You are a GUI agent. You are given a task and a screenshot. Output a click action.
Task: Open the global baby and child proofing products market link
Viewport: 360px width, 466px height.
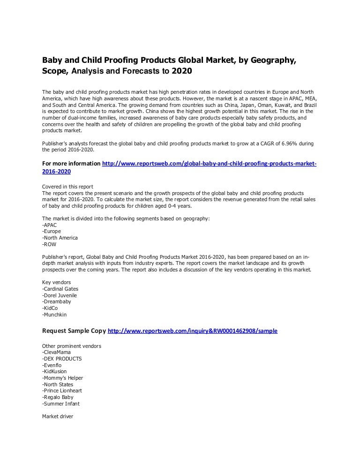(x=209, y=164)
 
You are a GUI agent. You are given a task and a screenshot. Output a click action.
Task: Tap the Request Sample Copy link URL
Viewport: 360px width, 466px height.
(x=193, y=331)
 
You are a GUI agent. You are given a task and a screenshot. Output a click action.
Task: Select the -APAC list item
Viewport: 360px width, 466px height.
(x=50, y=225)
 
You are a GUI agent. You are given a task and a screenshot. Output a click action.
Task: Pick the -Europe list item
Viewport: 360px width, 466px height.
(x=52, y=232)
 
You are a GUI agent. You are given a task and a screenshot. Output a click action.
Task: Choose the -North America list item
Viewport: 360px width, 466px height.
(x=60, y=238)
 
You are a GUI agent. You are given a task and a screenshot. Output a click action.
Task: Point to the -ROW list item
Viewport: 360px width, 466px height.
(x=50, y=244)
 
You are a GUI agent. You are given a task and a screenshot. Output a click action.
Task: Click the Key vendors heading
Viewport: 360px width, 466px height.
(x=57, y=282)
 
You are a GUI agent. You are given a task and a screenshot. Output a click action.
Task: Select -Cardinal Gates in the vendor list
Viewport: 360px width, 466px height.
(x=60, y=289)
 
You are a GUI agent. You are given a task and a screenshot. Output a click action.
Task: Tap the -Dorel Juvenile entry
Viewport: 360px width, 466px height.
(x=60, y=295)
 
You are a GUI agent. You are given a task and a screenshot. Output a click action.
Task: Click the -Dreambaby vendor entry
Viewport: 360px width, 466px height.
(x=56, y=302)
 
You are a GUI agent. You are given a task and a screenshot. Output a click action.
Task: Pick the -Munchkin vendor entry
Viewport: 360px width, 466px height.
(x=54, y=315)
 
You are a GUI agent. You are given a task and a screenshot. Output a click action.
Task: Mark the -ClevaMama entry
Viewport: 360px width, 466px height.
(x=56, y=352)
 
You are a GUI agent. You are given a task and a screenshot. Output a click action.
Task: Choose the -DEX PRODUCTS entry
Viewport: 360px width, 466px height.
(x=62, y=359)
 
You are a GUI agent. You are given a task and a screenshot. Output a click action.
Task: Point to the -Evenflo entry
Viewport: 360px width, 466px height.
(x=52, y=365)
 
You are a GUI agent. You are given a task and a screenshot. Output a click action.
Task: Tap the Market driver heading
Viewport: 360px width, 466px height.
(x=58, y=416)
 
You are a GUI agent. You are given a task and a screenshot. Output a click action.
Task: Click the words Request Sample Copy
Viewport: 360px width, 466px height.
(x=74, y=331)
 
